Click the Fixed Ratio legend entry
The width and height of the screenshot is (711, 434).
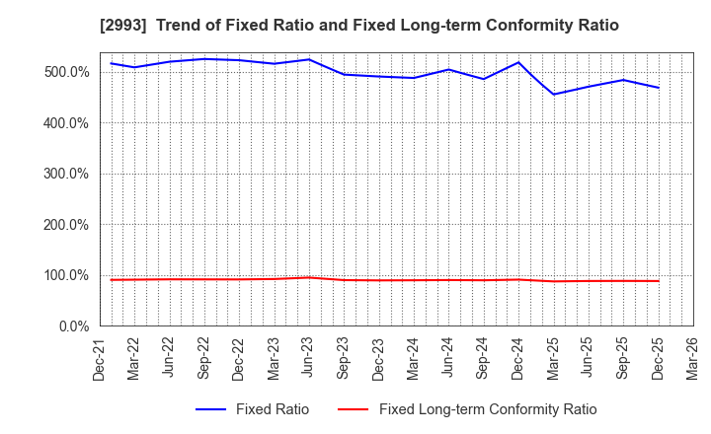pos(272,409)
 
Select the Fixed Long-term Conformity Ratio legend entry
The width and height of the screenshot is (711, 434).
pos(487,409)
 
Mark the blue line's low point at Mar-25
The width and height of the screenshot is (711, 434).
pos(553,95)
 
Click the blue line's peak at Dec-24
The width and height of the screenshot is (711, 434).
pos(518,62)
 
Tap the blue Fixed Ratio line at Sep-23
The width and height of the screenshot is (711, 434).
pos(344,74)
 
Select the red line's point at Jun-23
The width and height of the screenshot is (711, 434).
pos(309,277)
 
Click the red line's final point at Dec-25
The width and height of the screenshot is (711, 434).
pos(658,281)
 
